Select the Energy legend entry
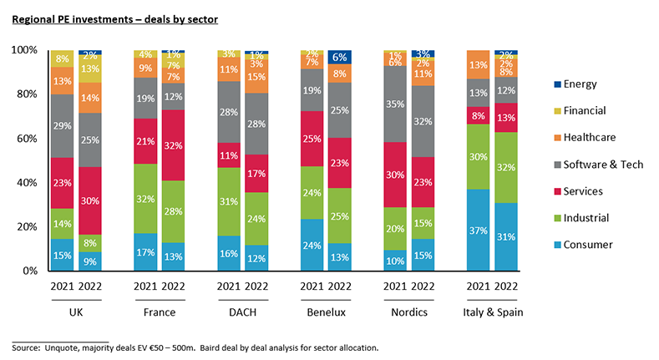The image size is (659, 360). pos(580,84)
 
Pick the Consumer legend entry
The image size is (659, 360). pos(587,244)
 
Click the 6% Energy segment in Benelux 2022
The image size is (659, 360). pos(339,57)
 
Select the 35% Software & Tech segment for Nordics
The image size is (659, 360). pos(395,104)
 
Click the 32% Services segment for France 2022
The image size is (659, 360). pos(172,145)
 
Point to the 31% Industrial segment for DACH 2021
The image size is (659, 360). pos(228,201)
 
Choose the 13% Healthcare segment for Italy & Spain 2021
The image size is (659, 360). pos(479,64)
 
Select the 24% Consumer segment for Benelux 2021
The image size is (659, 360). pos(312,245)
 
